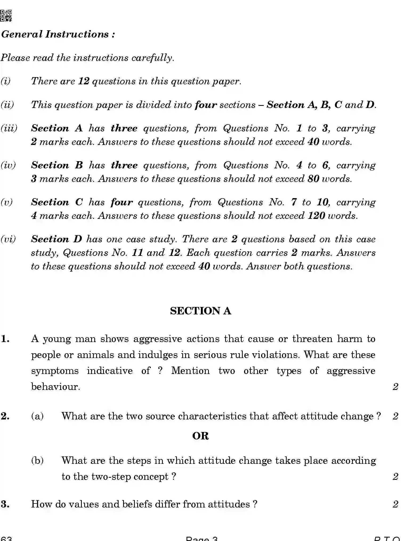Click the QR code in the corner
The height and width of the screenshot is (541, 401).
click(6, 16)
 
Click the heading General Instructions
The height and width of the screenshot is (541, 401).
click(58, 34)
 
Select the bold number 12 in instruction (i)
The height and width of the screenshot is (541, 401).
click(83, 81)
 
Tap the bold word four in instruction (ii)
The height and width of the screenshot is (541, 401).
click(205, 105)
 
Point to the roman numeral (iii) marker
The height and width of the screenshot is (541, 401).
click(9, 128)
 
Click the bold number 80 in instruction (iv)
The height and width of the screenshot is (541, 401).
click(313, 179)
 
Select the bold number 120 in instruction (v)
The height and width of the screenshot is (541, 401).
click(316, 216)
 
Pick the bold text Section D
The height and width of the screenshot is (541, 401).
click(56, 239)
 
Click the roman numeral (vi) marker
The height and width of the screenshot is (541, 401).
click(8, 239)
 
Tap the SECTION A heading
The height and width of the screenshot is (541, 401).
click(200, 311)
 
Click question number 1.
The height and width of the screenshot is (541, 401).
click(5, 339)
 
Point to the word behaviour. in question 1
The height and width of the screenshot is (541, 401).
click(55, 386)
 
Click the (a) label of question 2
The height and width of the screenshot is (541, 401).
click(37, 416)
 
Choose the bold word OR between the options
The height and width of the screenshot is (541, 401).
click(200, 436)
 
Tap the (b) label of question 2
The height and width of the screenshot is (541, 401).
click(37, 460)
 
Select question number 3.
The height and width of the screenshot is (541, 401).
click(5, 504)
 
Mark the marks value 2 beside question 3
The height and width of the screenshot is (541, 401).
click(395, 504)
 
